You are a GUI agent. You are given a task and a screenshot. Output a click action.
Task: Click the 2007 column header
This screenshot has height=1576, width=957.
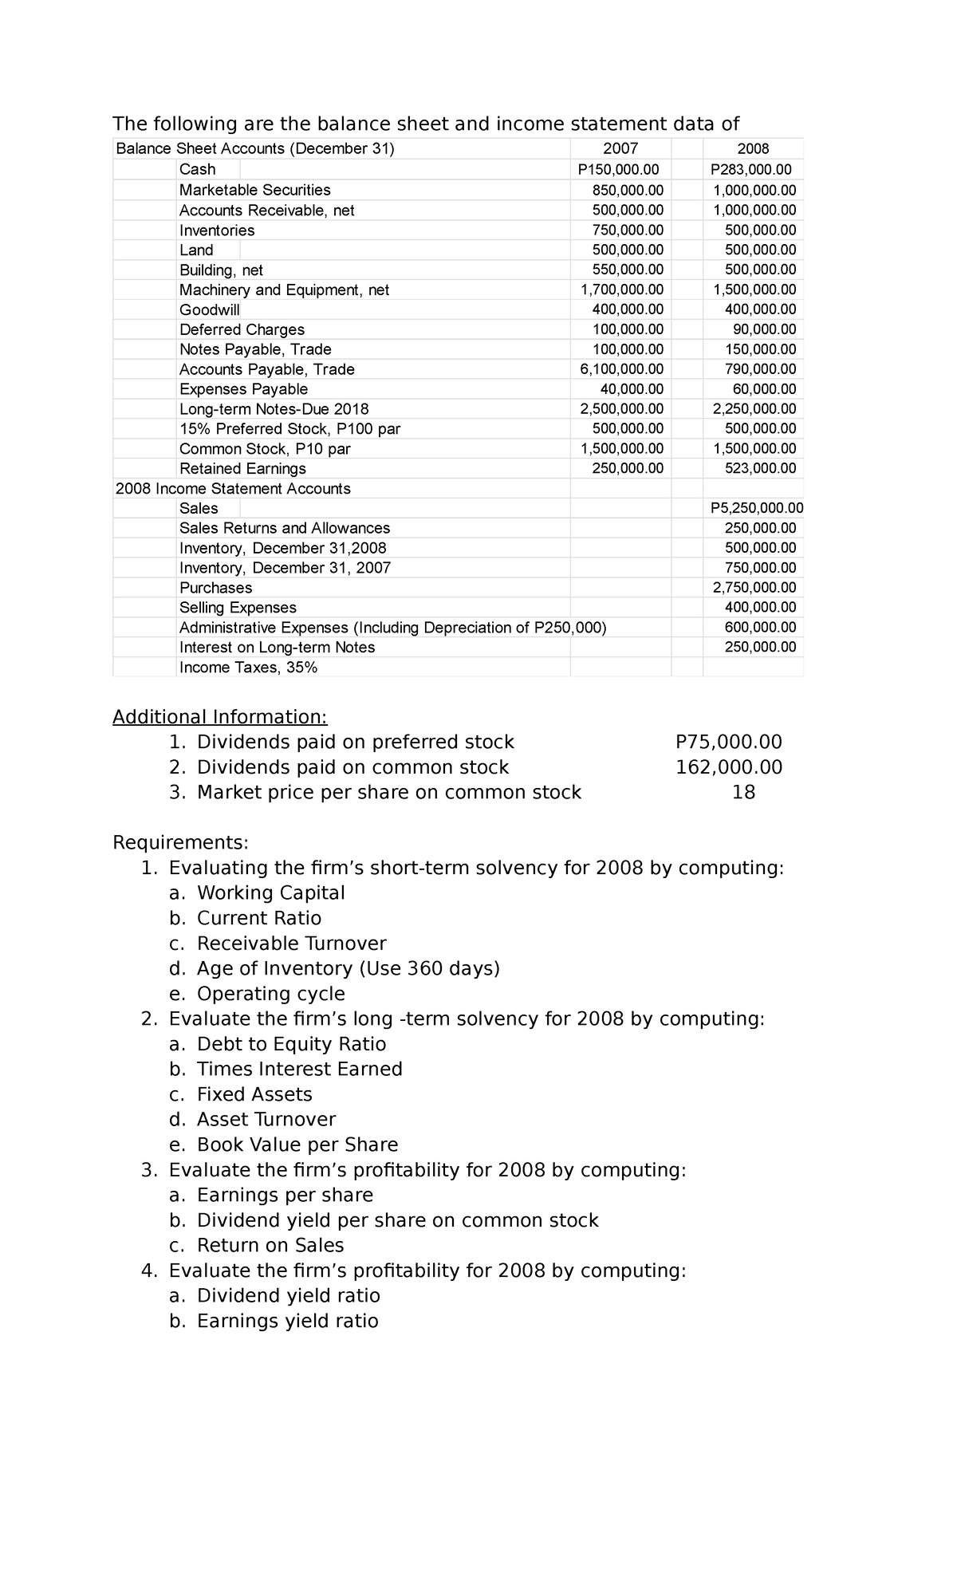(620, 149)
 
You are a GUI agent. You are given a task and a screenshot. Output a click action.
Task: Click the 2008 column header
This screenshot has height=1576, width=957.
(753, 149)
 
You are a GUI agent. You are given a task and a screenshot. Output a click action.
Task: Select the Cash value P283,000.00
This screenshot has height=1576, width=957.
(752, 169)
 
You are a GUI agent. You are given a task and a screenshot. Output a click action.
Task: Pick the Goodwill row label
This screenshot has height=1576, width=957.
(209, 309)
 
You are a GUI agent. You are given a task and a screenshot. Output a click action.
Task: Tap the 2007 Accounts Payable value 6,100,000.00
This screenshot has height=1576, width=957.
(621, 369)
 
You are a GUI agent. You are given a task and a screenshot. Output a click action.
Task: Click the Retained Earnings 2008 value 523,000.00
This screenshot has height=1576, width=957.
(760, 469)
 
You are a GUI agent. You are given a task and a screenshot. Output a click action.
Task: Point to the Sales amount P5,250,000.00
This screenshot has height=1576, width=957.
(757, 509)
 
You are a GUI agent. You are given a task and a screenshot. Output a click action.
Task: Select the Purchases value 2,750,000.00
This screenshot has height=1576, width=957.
(754, 588)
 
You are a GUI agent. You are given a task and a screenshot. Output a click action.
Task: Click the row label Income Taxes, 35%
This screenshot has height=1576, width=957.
(248, 668)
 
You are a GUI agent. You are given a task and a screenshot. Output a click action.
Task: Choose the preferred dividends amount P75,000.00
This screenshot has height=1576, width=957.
(728, 743)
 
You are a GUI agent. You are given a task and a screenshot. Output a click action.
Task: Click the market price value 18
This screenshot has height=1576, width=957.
(743, 793)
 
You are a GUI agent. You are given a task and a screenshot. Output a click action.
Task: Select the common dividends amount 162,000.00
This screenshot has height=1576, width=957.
(728, 767)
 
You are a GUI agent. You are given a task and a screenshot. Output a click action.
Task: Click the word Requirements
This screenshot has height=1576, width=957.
(180, 843)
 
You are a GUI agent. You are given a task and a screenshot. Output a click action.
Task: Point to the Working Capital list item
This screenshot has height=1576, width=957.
(270, 893)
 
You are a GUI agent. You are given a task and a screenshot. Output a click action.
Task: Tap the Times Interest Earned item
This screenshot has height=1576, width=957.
(299, 1070)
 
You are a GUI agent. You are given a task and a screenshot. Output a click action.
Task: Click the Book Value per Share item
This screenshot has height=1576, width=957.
(297, 1145)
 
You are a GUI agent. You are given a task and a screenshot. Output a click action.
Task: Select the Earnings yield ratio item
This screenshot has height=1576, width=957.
(287, 1322)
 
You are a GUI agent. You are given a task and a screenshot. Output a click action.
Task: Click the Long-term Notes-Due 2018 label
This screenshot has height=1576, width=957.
(274, 409)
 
